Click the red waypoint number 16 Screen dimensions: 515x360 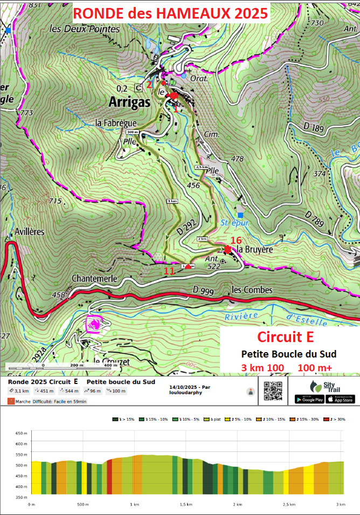(x=236, y=240)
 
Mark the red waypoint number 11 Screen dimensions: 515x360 (x=169, y=271)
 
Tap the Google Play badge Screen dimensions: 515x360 (x=309, y=399)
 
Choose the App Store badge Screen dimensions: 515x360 (x=341, y=399)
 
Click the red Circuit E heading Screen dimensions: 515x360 (x=286, y=337)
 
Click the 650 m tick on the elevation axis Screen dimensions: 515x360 (x=22, y=433)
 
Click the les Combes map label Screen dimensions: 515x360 (x=252, y=290)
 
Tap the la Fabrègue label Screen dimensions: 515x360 (x=116, y=123)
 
